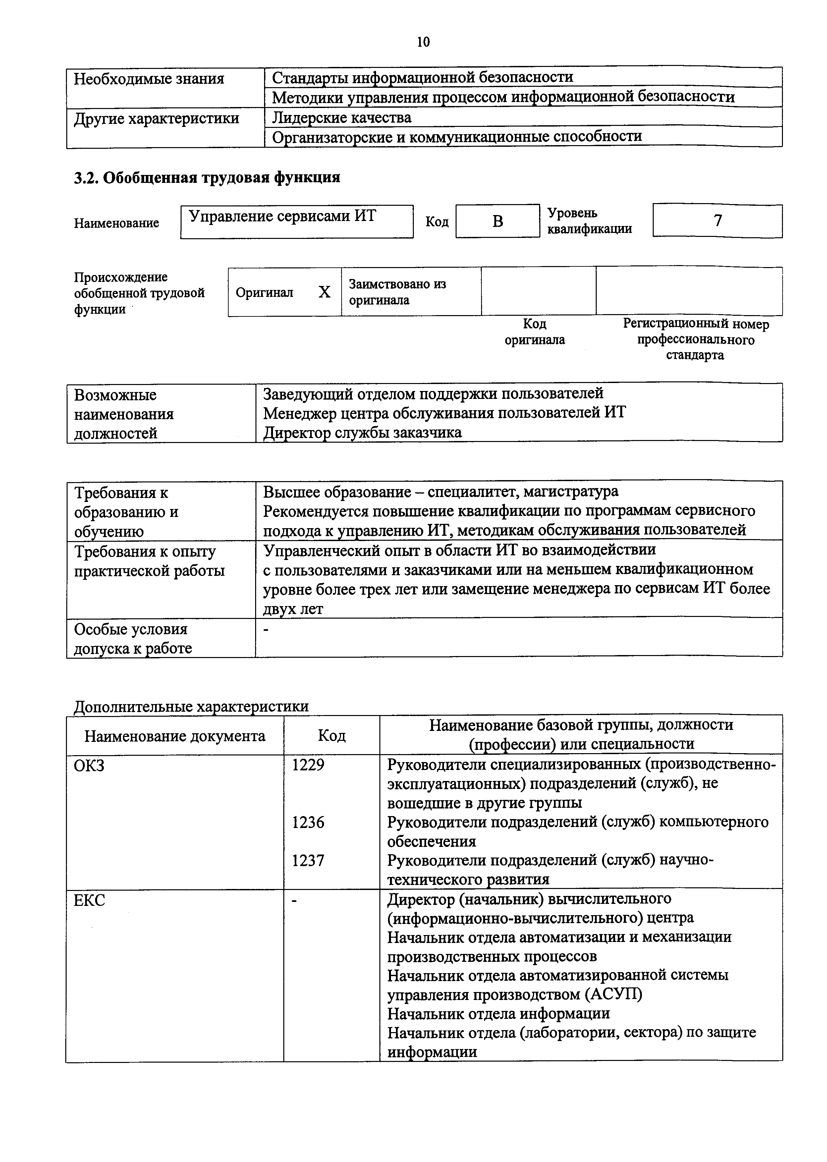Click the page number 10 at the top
tap(423, 42)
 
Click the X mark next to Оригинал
tap(324, 292)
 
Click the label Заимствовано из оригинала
tap(397, 292)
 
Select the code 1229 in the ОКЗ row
tap(308, 764)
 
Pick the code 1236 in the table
tap(308, 822)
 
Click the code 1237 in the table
tap(308, 860)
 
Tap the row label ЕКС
tap(90, 900)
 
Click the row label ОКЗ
tap(90, 765)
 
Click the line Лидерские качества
tap(342, 118)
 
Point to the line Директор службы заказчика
tap(362, 432)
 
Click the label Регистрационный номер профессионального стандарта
tap(695, 339)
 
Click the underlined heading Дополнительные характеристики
tap(191, 706)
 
